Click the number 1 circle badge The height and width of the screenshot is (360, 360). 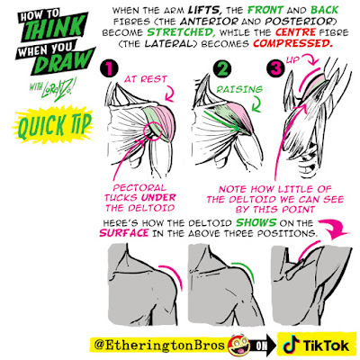[x=109, y=69]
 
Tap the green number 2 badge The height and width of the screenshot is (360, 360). [x=222, y=69]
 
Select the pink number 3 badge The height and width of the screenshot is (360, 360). [x=275, y=69]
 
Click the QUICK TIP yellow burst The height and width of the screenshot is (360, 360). [x=53, y=125]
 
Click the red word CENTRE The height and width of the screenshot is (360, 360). [x=295, y=32]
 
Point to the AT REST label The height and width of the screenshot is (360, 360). [x=146, y=79]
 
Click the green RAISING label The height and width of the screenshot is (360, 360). [x=239, y=89]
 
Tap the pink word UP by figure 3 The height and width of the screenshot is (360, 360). [x=292, y=59]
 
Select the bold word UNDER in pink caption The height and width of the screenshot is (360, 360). [x=158, y=198]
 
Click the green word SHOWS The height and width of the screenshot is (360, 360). [x=256, y=223]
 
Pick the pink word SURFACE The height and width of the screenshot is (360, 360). [x=124, y=233]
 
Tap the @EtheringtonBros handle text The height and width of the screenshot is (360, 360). [x=159, y=345]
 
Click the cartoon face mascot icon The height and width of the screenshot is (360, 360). [x=239, y=345]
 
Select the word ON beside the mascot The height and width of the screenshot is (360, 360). [x=261, y=346]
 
